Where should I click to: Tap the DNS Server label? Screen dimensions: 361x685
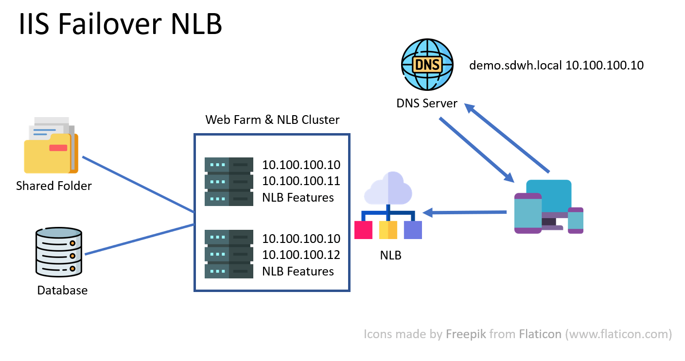pos(427,103)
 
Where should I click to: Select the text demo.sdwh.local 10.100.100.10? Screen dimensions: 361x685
pos(556,65)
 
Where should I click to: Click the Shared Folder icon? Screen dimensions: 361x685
pos(51,145)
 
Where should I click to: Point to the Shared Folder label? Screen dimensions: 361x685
pos(54,186)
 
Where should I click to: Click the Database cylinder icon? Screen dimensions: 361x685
pos(59,252)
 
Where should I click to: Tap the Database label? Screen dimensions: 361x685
pos(62,291)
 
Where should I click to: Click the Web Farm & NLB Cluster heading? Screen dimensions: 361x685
pos(272,120)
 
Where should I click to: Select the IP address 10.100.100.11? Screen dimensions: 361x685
pos(301,181)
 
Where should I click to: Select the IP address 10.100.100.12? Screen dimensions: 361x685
pos(301,255)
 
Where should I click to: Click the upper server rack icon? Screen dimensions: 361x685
pos(228,182)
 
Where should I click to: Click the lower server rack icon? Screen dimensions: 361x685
pos(228,254)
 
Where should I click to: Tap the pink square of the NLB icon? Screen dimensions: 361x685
pos(363,230)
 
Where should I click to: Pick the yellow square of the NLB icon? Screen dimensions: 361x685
pos(388,230)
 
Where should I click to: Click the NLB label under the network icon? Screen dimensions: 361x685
pos(390,255)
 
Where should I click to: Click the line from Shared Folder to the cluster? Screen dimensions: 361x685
pos(139,185)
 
